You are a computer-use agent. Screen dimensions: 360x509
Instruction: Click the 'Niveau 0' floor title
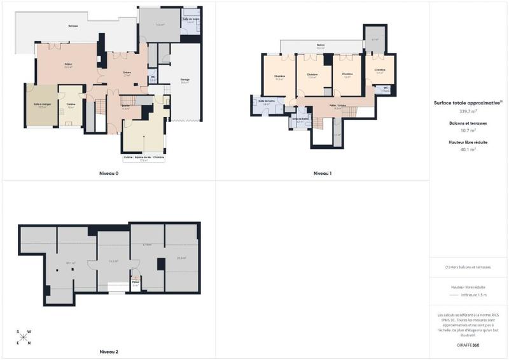[x=109, y=173]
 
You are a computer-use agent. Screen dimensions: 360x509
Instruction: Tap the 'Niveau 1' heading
[x=323, y=173]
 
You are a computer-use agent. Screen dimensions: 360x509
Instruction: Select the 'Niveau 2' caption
[x=109, y=351]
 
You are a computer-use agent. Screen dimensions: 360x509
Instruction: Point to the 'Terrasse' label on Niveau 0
[x=73, y=25]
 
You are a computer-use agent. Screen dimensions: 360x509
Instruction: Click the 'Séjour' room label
[x=67, y=64]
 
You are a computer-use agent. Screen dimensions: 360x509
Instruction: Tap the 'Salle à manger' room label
[x=42, y=105]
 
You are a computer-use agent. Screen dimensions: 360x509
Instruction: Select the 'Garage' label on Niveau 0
[x=185, y=80]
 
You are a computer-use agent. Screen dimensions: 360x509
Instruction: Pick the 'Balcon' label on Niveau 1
[x=321, y=45]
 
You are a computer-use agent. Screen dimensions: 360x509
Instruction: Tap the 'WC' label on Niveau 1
[x=386, y=88]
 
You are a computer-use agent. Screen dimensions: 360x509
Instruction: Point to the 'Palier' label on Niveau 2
[x=135, y=282]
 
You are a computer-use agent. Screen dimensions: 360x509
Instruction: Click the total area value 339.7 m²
[x=468, y=111]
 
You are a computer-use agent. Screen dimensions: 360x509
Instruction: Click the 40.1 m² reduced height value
[x=468, y=149]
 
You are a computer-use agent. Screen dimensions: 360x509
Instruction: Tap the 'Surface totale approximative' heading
[x=467, y=102]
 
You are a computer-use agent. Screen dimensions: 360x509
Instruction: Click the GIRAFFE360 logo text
[x=468, y=344]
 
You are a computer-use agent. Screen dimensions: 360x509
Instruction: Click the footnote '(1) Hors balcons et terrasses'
[x=468, y=267]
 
